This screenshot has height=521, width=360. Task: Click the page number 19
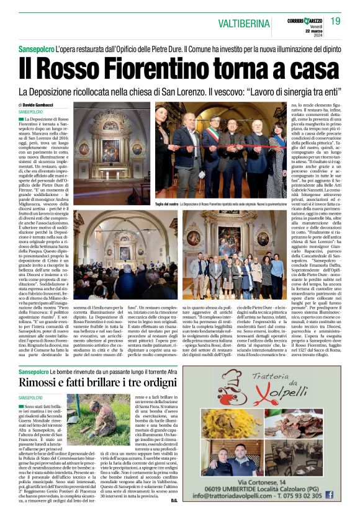click(x=336, y=21)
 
